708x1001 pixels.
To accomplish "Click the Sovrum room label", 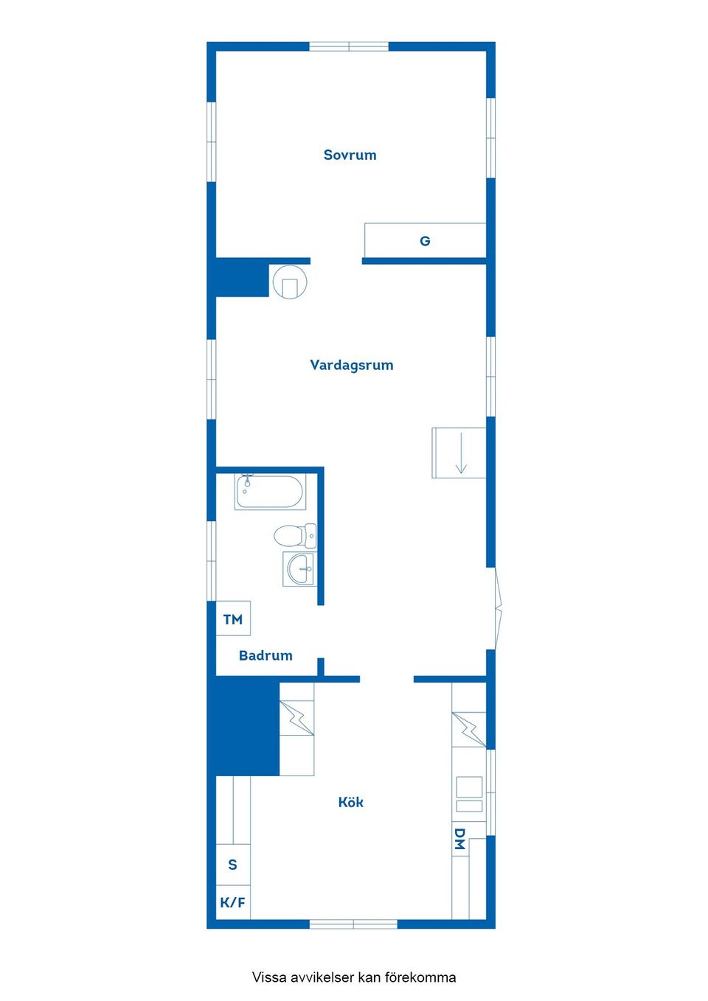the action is (350, 155).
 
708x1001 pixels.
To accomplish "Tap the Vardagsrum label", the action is (352, 365).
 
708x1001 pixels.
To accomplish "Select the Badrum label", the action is (265, 655).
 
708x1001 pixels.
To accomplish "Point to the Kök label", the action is (351, 802).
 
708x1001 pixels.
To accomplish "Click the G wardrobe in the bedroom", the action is (425, 240).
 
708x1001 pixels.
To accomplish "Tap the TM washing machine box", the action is (233, 618).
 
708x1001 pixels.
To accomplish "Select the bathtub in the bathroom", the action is (270, 492).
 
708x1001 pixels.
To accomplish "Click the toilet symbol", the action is (295, 536).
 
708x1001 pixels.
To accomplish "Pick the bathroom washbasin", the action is (300, 569).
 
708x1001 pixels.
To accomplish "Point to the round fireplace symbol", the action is (290, 282).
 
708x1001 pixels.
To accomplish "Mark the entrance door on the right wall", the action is (498, 608).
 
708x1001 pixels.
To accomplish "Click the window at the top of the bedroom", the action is (349, 46).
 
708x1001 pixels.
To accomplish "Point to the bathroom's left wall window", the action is (212, 561).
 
